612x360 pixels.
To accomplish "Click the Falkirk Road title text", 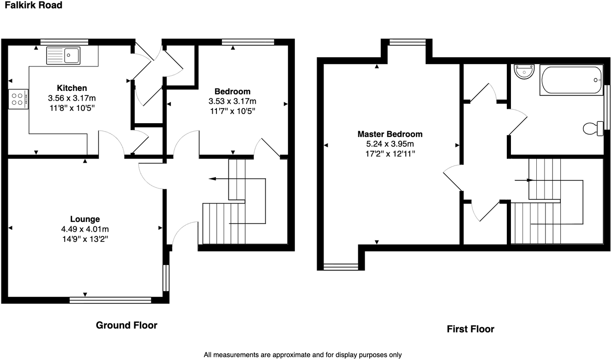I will [x=31, y=6].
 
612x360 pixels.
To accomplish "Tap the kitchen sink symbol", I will [x=63, y=55].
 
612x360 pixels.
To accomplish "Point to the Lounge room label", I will [x=85, y=219].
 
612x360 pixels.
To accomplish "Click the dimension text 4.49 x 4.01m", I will [x=85, y=229].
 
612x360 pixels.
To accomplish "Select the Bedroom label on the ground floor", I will [x=233, y=91].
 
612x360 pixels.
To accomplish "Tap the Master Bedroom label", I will [x=390, y=134].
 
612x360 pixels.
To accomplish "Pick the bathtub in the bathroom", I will [x=571, y=80].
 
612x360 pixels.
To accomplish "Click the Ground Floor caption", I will [x=126, y=325].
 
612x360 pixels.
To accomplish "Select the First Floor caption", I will [x=470, y=329].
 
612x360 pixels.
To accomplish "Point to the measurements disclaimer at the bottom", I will [x=303, y=355].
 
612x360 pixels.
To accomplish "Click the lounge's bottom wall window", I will [x=110, y=300].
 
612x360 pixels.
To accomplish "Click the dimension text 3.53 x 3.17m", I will [x=233, y=101].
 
